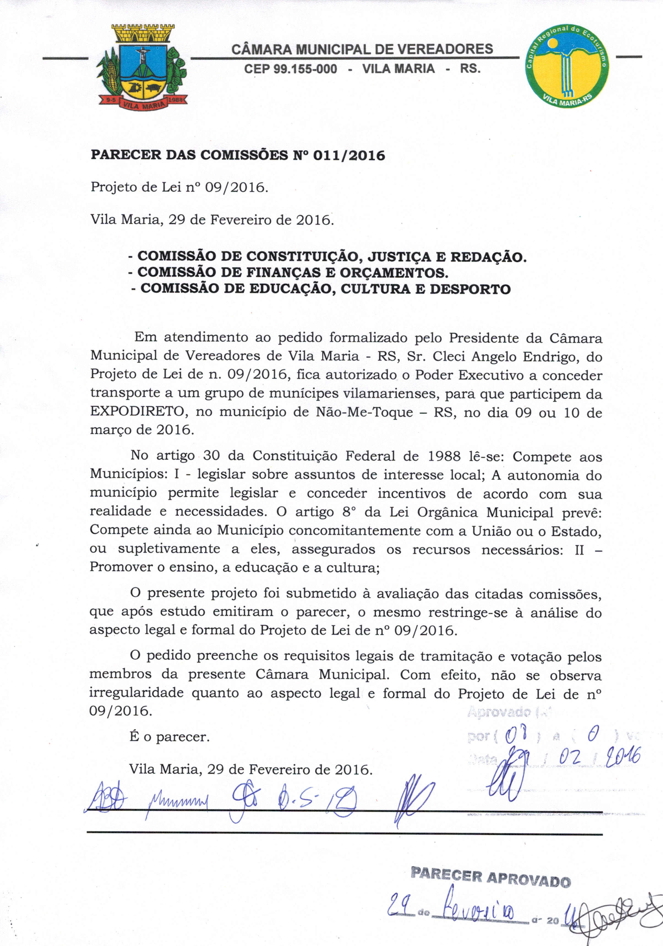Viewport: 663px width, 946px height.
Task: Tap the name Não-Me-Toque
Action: click(x=364, y=412)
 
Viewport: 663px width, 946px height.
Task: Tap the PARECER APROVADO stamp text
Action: click(x=491, y=883)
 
